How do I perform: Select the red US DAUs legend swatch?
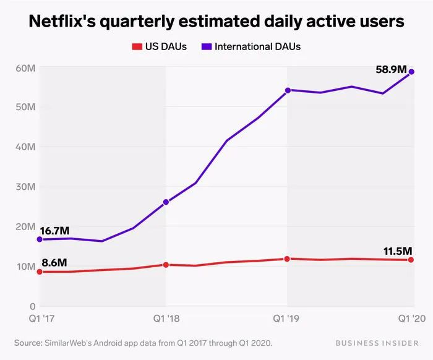(x=137, y=47)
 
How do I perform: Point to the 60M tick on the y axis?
(x=24, y=67)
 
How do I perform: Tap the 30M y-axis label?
(x=24, y=187)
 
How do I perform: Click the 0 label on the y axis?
(x=31, y=306)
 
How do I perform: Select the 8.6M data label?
(x=54, y=262)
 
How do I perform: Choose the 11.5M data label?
(x=397, y=251)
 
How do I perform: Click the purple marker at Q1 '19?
(x=288, y=90)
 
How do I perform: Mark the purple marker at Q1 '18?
(x=166, y=202)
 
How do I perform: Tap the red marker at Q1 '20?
(x=411, y=260)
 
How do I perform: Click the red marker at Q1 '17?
(x=40, y=272)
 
